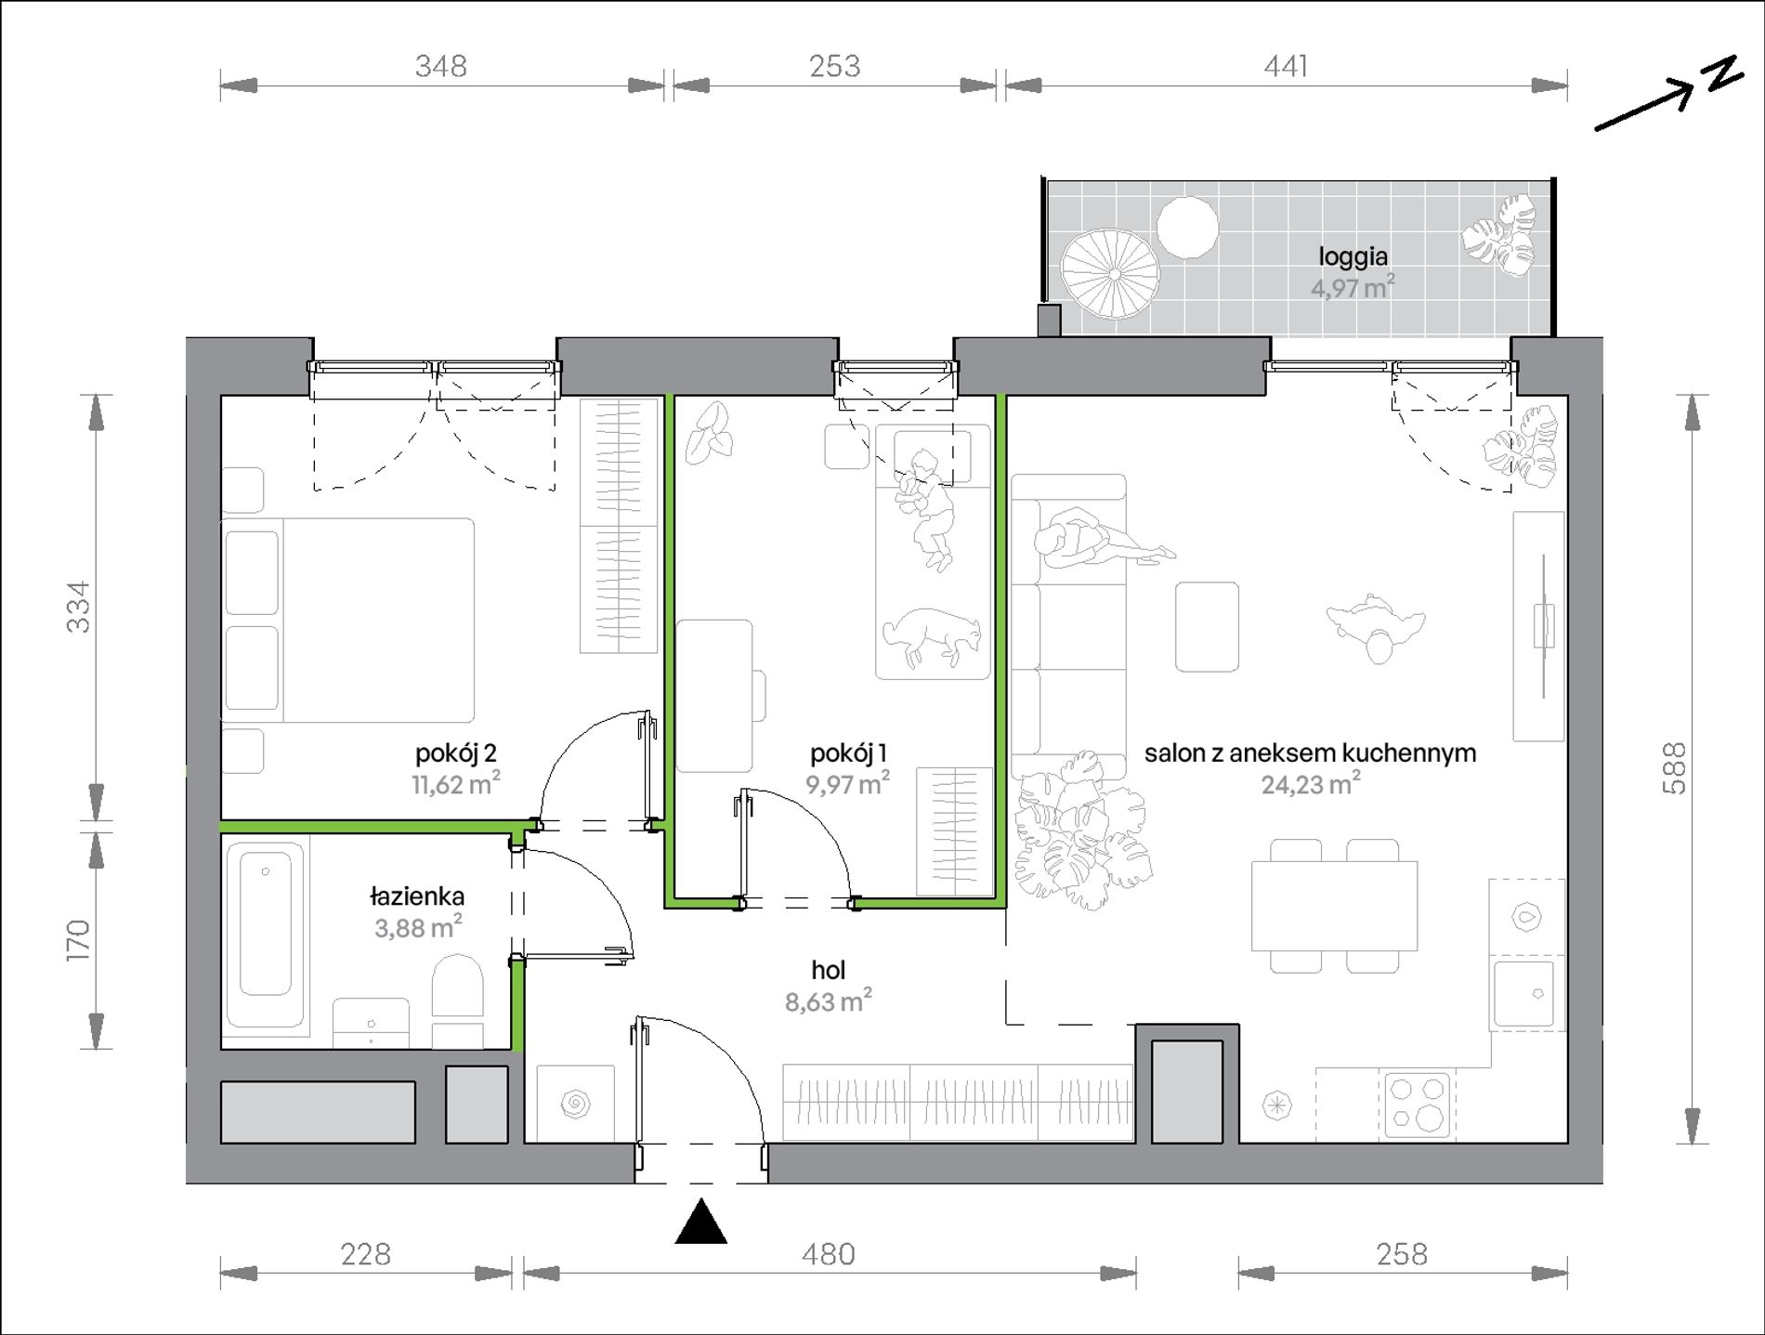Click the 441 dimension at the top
1286,66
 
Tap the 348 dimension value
441,66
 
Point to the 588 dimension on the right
1674,767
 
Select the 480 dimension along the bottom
828,1254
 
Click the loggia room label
1353,256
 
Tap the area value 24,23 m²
1310,785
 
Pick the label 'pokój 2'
455,753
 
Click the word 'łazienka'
417,897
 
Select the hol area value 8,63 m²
828,1001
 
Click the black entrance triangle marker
701,1222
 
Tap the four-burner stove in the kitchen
1417,1105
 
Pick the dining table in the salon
1334,906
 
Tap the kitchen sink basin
1523,994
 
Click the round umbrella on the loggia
1111,274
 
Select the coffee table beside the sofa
1207,626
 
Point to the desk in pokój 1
714,696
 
